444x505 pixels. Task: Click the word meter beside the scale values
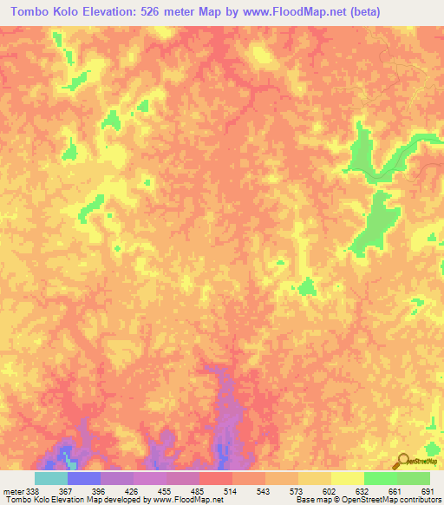click(x=11, y=490)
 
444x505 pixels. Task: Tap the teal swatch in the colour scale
click(x=51, y=478)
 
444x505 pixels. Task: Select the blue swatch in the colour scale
click(x=84, y=478)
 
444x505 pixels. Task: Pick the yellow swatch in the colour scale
click(x=315, y=478)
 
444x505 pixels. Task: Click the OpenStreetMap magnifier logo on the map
click(x=402, y=461)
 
